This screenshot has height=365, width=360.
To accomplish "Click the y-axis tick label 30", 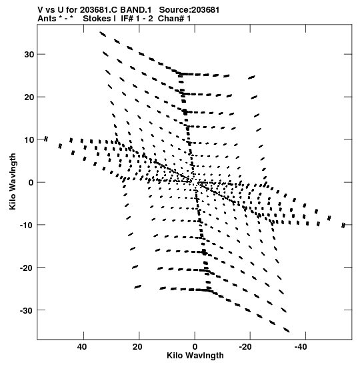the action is tap(29, 55).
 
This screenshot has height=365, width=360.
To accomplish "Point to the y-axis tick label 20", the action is tap(29, 97).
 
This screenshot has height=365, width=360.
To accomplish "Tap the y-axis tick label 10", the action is tap(29, 140).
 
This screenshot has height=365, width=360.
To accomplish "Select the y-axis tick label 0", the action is tap(31, 183).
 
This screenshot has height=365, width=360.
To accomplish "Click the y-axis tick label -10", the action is tap(27, 225).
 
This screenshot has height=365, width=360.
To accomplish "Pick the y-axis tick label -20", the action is tap(27, 268).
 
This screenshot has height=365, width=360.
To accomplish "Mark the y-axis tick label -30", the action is tap(27, 310).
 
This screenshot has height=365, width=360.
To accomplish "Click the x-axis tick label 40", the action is tap(82, 347).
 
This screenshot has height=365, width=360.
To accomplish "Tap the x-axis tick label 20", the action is tap(137, 347).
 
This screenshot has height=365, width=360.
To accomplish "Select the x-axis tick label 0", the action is tap(195, 347).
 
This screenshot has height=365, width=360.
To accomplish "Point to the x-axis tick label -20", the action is tap(245, 347).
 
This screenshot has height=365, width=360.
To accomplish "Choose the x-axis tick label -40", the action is tap(301, 347).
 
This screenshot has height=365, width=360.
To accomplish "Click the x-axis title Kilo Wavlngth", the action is tap(195, 356).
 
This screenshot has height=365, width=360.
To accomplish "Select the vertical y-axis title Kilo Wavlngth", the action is tap(13, 181).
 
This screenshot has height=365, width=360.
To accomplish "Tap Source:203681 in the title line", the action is tap(189, 10).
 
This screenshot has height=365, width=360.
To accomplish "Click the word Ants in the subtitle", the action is tap(47, 19).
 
